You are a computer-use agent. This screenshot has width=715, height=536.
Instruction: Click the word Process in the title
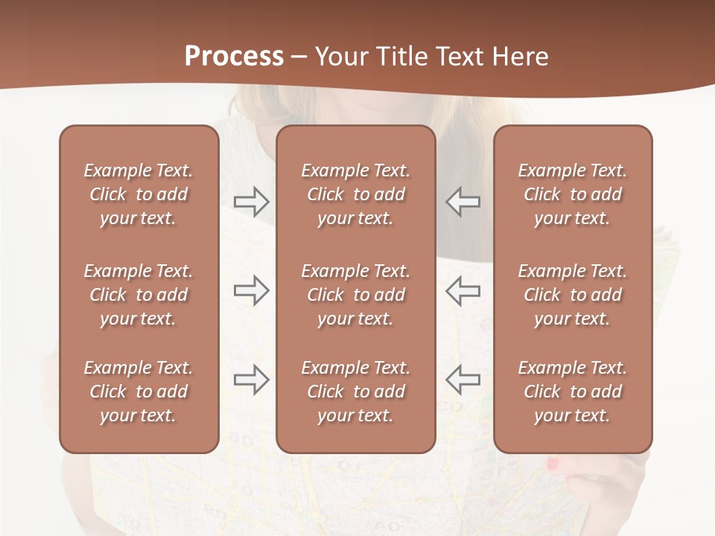234,57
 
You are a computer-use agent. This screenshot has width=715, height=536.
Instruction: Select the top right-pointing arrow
251,201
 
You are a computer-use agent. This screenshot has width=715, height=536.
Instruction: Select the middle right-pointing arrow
251,290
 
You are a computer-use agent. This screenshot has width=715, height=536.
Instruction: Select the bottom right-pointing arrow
251,379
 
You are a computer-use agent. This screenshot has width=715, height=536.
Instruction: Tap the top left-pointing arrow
463,201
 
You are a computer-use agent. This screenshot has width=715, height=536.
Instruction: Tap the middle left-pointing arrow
463,290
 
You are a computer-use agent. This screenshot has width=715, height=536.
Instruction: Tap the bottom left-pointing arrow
463,379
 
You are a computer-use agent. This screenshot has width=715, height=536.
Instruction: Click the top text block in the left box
139,194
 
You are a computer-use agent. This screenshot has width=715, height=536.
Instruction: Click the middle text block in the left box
139,295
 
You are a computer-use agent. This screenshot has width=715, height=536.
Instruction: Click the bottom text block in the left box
139,392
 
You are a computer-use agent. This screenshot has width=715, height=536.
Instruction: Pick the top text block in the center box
355,194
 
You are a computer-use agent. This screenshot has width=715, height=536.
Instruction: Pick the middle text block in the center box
355,295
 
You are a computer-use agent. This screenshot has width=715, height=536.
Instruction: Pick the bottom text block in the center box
355,392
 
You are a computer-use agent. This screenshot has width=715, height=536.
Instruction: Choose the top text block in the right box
572,194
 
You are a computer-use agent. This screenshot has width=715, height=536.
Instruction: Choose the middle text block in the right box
572,295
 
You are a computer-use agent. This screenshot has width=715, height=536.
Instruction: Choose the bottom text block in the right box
572,392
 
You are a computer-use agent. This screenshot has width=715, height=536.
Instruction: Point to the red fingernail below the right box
553,465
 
